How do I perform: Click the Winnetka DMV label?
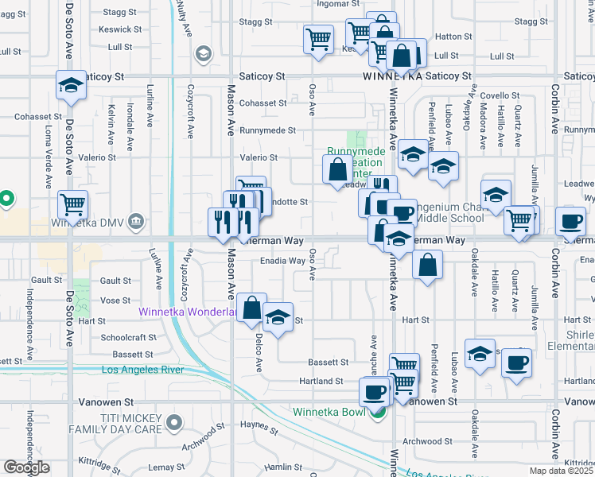coord(90,220)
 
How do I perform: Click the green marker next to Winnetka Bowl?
coord(380,411)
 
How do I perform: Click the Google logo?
coord(26,467)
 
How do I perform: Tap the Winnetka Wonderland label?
coord(188,312)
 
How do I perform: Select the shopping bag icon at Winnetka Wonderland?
coord(251,309)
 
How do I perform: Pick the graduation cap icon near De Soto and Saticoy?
coord(70,85)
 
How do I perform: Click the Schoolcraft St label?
coord(130,337)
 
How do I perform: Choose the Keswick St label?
coord(120,29)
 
